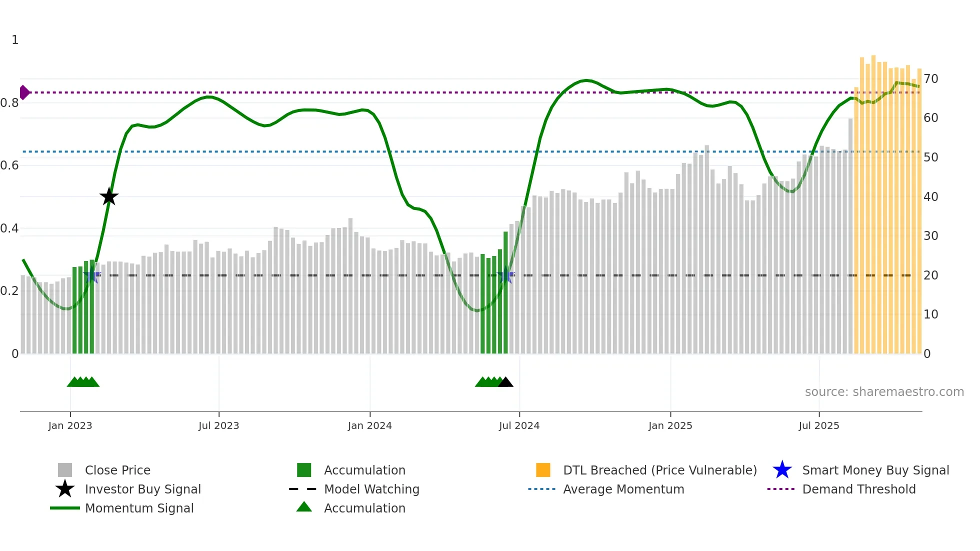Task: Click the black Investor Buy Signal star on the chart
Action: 109,196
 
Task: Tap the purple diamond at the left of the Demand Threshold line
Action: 24,92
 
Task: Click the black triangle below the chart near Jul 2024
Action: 505,382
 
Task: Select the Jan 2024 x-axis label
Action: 369,425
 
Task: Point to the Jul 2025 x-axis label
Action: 818,425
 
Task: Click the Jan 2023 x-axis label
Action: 70,425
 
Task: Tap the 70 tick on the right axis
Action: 930,78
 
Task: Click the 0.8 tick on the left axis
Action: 9,103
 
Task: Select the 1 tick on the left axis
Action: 15,40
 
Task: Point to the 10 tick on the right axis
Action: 930,314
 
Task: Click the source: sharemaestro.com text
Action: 884,391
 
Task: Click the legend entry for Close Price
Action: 117,470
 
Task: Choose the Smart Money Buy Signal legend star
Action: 782,470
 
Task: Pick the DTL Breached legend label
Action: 659,470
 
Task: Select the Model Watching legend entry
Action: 371,489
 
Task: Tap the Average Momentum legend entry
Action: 623,489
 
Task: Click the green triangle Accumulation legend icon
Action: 304,507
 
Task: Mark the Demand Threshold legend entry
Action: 858,489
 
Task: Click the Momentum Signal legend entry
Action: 139,508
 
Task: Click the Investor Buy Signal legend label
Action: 142,489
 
